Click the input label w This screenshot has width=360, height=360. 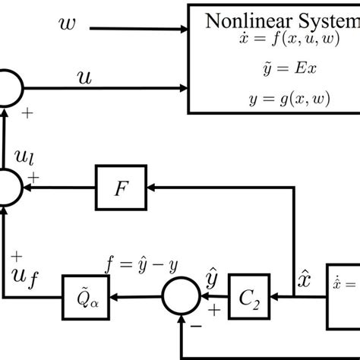coord(67,27)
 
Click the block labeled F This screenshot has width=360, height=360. coord(118,188)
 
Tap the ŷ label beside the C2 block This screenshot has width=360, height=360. coord(214,279)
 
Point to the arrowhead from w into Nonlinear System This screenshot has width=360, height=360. coord(183,30)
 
